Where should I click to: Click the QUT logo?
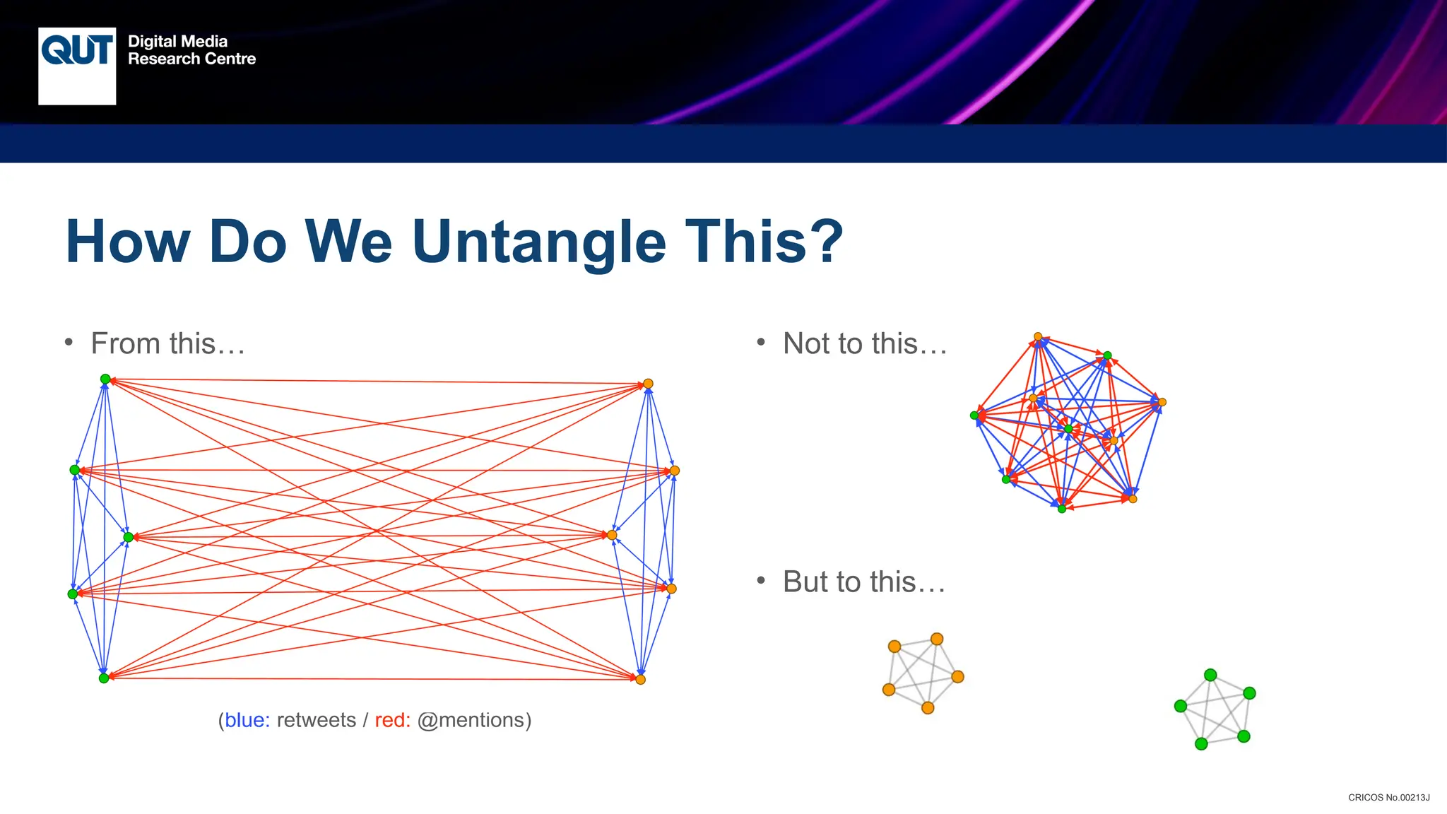(77, 66)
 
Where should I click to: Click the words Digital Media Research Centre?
(191, 50)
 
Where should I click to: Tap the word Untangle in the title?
(538, 242)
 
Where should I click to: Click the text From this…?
(168, 344)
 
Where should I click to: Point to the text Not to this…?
(865, 344)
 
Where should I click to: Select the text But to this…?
(864, 582)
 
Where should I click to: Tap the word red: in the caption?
(392, 720)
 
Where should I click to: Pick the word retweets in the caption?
(316, 720)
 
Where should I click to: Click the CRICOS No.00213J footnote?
(1388, 798)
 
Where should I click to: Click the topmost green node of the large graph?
(105, 379)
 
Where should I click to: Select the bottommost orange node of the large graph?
(640, 680)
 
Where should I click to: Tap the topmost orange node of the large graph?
(648, 384)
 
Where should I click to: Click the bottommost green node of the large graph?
(104, 678)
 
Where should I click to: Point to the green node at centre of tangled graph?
(1068, 429)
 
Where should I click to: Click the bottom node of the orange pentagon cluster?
(928, 708)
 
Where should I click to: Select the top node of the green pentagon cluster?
(1210, 675)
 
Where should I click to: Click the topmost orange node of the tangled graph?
(1038, 337)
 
